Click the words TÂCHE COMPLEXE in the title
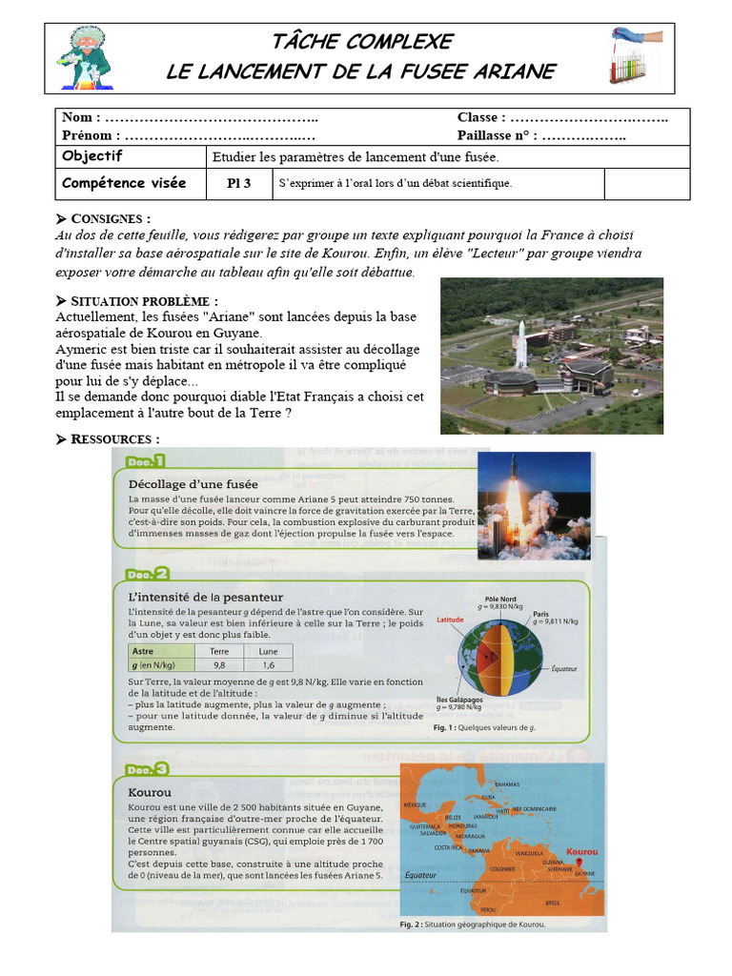[x=361, y=42]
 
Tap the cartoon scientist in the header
[x=87, y=58]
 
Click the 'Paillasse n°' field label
[x=495, y=135]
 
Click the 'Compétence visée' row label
[x=124, y=183]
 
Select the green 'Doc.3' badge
[x=146, y=768]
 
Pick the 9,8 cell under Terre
[x=218, y=665]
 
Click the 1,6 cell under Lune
[x=268, y=665]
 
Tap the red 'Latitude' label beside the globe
[x=450, y=620]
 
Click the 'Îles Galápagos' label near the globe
[x=461, y=699]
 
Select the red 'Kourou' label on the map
[x=581, y=851]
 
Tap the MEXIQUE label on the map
[x=416, y=804]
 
